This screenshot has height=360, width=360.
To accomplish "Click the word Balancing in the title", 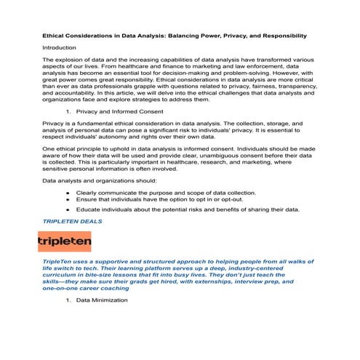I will [x=199, y=35].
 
